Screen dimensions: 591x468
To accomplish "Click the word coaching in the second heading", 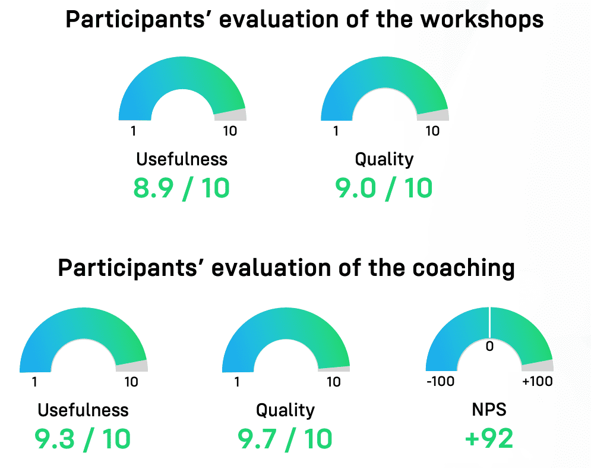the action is [x=464, y=269].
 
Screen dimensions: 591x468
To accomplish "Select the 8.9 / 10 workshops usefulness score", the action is [x=181, y=188].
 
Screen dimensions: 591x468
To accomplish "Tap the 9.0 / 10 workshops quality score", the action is [x=384, y=188].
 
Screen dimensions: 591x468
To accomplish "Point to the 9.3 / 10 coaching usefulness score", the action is [x=83, y=439].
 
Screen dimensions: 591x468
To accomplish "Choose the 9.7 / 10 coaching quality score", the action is [x=285, y=439].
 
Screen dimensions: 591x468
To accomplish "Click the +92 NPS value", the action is [x=489, y=438].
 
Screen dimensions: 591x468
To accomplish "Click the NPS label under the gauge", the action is [x=489, y=410].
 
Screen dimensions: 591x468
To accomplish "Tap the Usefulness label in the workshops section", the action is [x=182, y=159].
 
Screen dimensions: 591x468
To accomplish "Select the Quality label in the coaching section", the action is [x=285, y=410].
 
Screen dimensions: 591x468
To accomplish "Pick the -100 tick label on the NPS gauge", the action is [x=440, y=381].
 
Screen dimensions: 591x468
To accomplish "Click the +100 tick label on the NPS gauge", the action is [x=538, y=381].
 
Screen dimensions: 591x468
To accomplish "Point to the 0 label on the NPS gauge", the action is [x=489, y=346].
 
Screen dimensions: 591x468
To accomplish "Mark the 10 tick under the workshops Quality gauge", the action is [x=432, y=131].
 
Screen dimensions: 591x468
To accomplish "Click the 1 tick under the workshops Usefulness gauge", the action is [x=133, y=131].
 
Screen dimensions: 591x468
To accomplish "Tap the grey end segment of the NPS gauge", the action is [x=538, y=365].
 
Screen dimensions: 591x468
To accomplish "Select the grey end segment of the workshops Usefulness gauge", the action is [x=231, y=115].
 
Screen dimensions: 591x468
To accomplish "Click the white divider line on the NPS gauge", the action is [x=489, y=323].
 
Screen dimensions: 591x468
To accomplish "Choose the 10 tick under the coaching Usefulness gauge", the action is [x=131, y=382].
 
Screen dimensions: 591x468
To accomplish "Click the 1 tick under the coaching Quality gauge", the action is [x=237, y=382].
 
